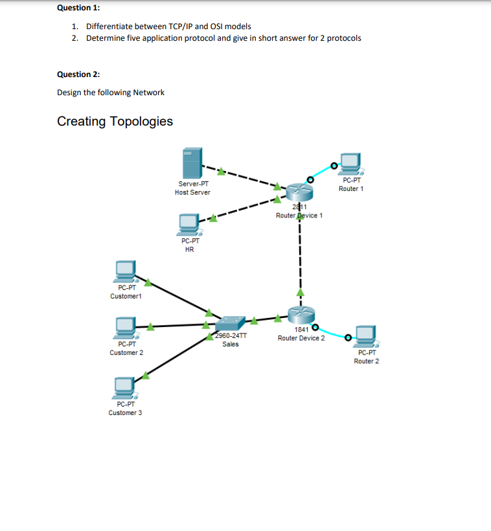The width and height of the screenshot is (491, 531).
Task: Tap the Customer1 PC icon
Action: (126, 271)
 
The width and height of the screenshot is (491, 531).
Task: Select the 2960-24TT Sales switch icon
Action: (231, 323)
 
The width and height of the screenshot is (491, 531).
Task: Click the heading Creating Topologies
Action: (115, 121)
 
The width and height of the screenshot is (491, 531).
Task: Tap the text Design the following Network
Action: (111, 93)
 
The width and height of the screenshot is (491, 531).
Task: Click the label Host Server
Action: (192, 192)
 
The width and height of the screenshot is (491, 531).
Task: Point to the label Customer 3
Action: (126, 412)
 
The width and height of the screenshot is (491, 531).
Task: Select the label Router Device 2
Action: (301, 338)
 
